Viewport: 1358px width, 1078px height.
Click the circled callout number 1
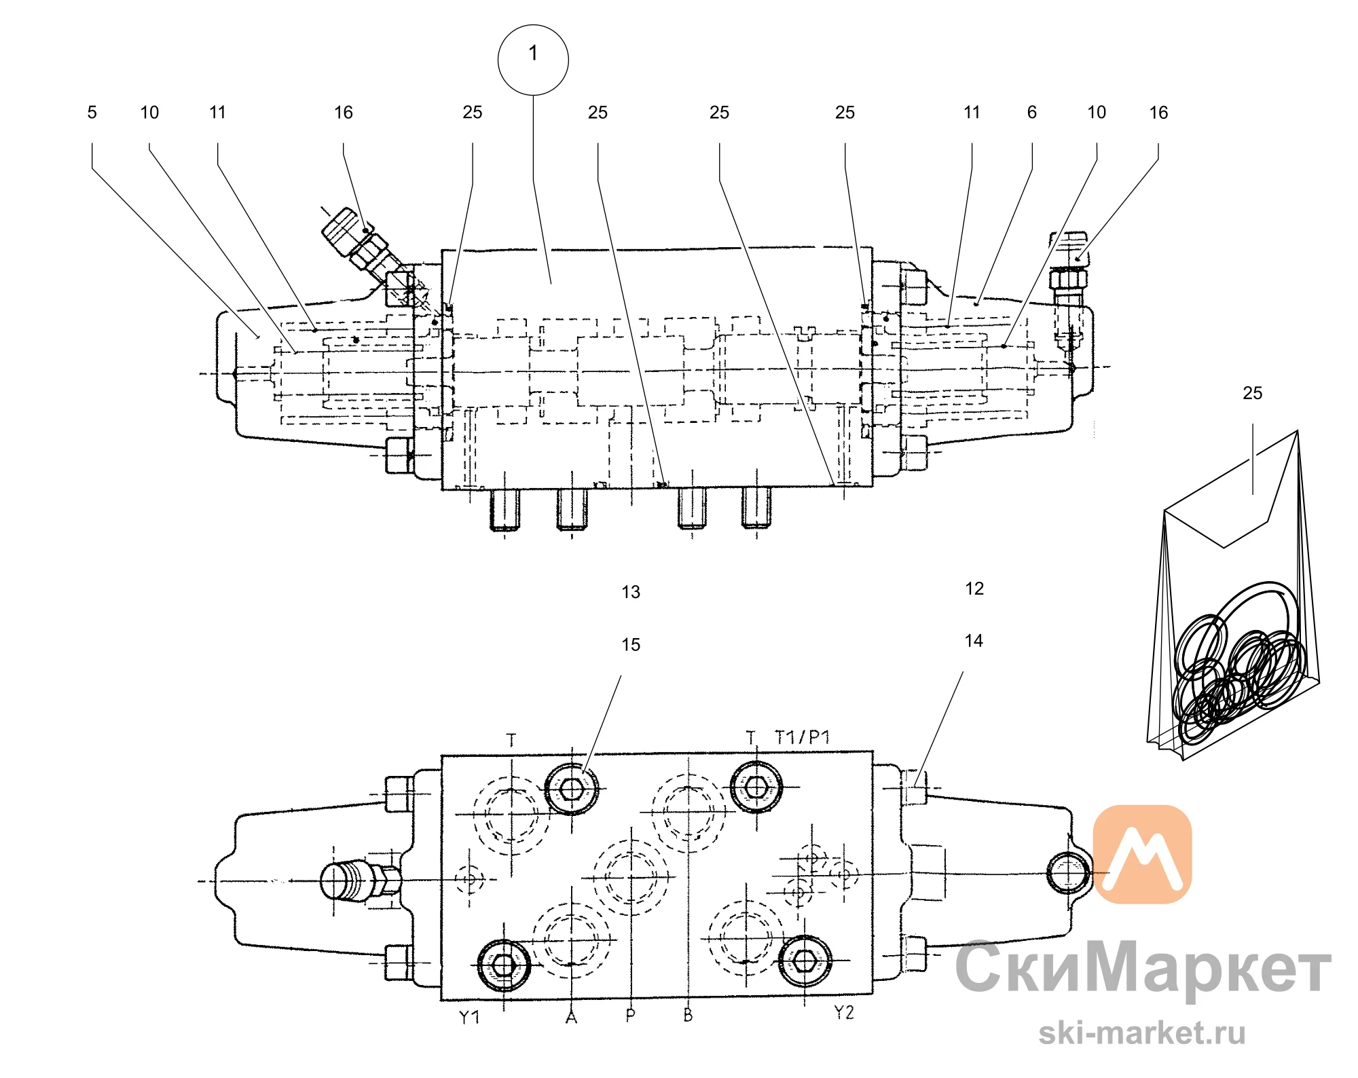(533, 60)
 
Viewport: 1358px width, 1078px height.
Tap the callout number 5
(92, 113)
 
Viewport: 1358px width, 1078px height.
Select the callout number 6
(1032, 113)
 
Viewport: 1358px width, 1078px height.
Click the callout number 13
(631, 592)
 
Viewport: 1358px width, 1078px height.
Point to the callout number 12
(974, 589)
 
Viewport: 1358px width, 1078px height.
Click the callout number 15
(631, 645)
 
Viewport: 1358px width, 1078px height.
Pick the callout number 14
(974, 641)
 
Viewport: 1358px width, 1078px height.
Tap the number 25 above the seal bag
(1253, 393)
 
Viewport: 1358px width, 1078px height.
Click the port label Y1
(469, 1017)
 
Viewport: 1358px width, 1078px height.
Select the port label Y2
(844, 1013)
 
